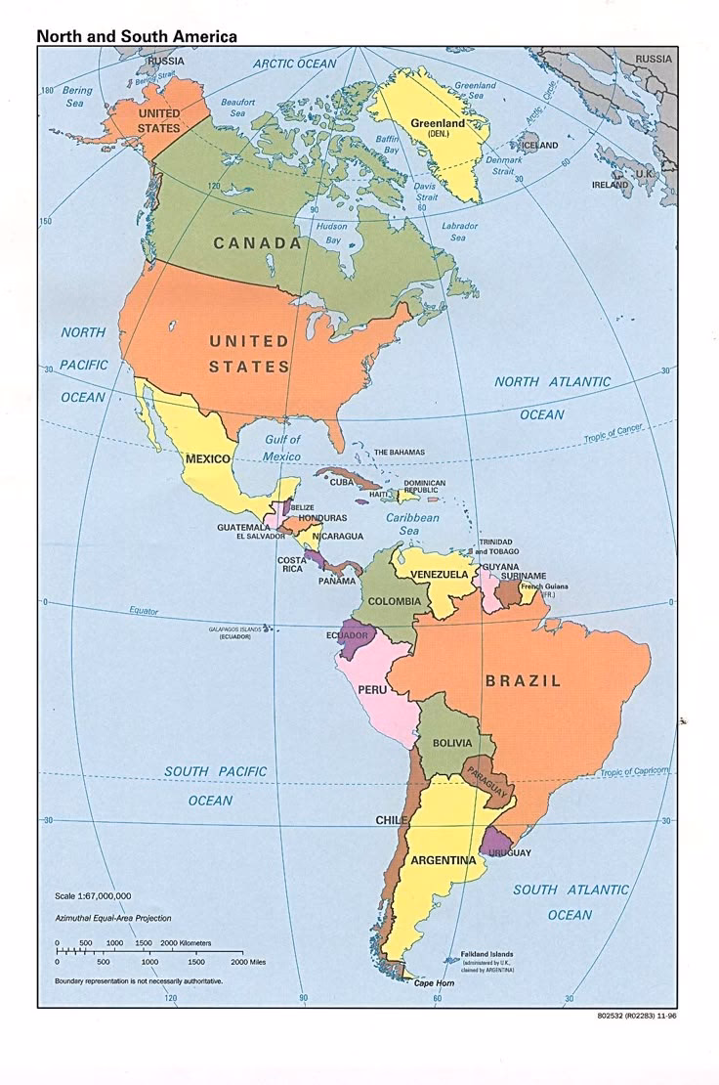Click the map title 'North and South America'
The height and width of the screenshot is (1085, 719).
click(x=137, y=36)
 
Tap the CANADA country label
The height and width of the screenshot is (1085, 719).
click(x=258, y=243)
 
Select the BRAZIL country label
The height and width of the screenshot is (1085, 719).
click(x=524, y=681)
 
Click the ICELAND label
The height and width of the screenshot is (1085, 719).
click(x=539, y=146)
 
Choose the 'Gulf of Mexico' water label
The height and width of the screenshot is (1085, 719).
click(x=282, y=448)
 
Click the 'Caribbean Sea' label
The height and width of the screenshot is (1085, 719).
click(x=412, y=524)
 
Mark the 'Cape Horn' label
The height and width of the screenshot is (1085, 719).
click(x=436, y=982)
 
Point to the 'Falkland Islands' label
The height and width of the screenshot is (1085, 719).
click(x=486, y=954)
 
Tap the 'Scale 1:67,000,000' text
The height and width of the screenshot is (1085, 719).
click(x=93, y=895)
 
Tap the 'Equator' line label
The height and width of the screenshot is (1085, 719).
click(x=143, y=611)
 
